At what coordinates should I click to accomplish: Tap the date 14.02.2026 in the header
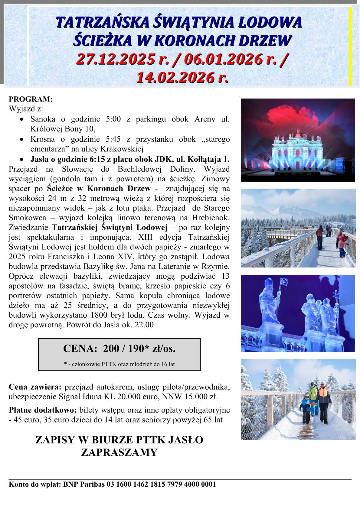click(175, 77)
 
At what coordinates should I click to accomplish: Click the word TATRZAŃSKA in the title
click(102, 23)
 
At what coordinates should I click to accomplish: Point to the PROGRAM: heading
click(31, 99)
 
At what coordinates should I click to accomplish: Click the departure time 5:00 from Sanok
click(113, 119)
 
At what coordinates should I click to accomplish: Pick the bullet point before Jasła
click(21, 159)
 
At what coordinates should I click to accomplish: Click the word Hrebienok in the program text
click(211, 218)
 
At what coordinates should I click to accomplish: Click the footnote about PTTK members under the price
click(119, 364)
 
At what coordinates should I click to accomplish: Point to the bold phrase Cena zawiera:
click(35, 387)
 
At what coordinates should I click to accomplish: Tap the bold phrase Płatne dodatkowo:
click(43, 410)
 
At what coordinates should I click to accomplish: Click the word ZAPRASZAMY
click(119, 452)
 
